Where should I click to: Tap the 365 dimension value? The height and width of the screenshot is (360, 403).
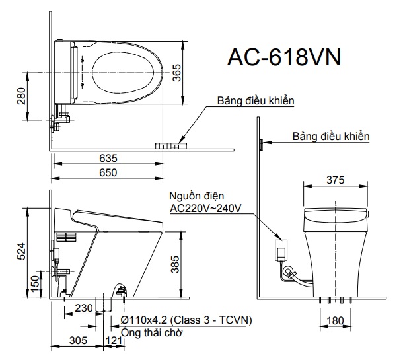176,73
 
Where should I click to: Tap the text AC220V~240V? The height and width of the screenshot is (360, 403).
205,208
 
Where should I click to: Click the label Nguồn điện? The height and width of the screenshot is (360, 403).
197,196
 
